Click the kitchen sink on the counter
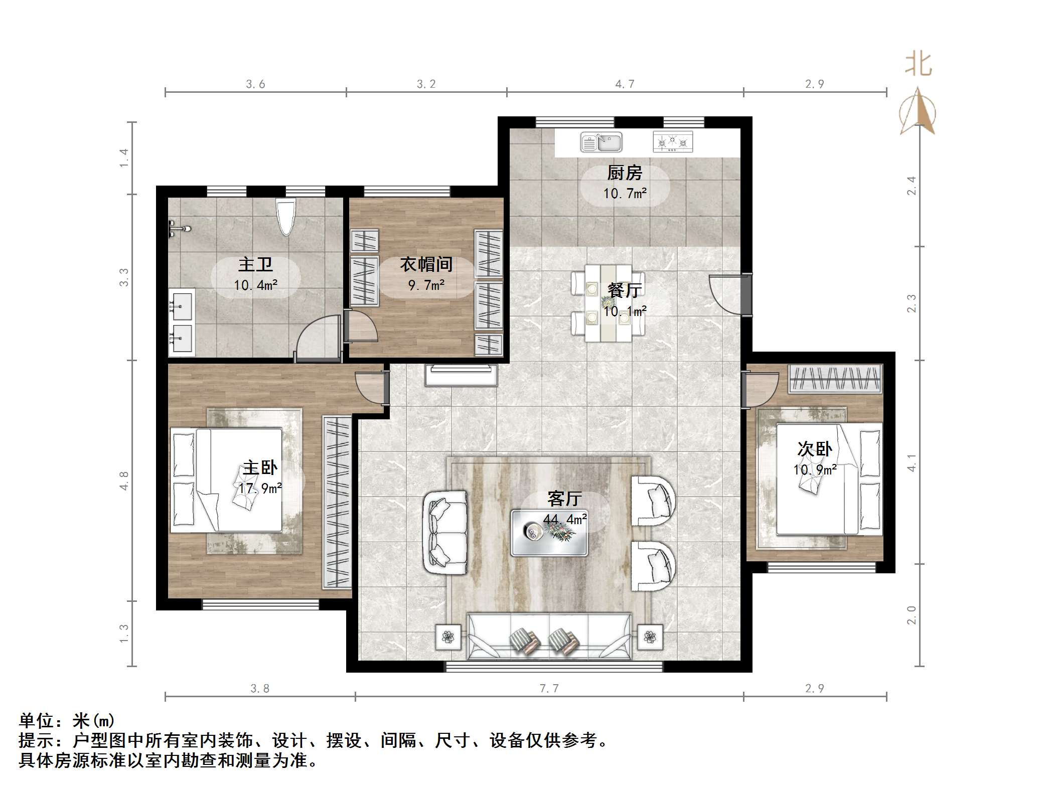click(x=601, y=142)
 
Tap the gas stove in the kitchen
click(x=673, y=142)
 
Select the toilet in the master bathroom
click(x=286, y=217)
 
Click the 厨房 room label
click(x=625, y=173)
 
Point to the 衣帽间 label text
click(x=426, y=264)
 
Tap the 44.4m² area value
click(x=565, y=520)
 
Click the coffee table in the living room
click(x=549, y=533)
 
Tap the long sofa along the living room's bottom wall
click(x=549, y=636)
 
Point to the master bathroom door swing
click(x=318, y=336)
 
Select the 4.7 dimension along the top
click(x=625, y=84)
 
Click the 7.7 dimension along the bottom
click(x=549, y=688)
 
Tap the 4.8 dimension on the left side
click(x=124, y=481)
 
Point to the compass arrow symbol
click(x=918, y=111)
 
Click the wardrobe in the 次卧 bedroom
click(x=835, y=379)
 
